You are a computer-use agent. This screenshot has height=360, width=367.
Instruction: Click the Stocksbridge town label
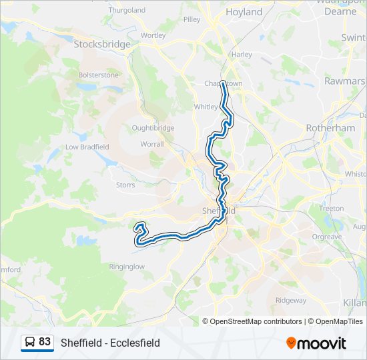click(x=102, y=44)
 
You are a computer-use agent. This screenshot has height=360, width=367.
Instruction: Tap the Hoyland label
click(x=244, y=12)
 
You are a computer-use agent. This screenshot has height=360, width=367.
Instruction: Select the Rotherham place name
click(x=330, y=128)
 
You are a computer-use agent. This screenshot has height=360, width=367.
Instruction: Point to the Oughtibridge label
click(x=153, y=128)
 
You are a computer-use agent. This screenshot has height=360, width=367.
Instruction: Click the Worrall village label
click(x=151, y=143)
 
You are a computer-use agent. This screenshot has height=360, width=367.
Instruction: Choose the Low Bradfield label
click(x=87, y=147)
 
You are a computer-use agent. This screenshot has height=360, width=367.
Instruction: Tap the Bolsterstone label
click(x=98, y=75)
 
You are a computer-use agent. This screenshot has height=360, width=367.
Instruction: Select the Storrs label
click(x=125, y=185)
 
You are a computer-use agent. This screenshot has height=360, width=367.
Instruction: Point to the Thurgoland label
click(x=127, y=11)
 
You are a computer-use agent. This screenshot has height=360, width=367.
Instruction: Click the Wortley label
click(x=153, y=35)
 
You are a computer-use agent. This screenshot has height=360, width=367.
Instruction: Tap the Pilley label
click(x=192, y=20)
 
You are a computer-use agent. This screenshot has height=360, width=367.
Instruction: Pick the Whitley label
click(x=206, y=107)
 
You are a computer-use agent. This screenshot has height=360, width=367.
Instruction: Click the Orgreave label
click(x=326, y=237)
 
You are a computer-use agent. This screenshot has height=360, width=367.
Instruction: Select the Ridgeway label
click(x=290, y=300)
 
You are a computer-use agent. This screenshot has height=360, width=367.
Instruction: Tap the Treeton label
click(x=332, y=209)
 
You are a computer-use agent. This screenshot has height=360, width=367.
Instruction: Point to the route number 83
click(x=45, y=342)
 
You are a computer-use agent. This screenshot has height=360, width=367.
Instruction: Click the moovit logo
click(x=316, y=343)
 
